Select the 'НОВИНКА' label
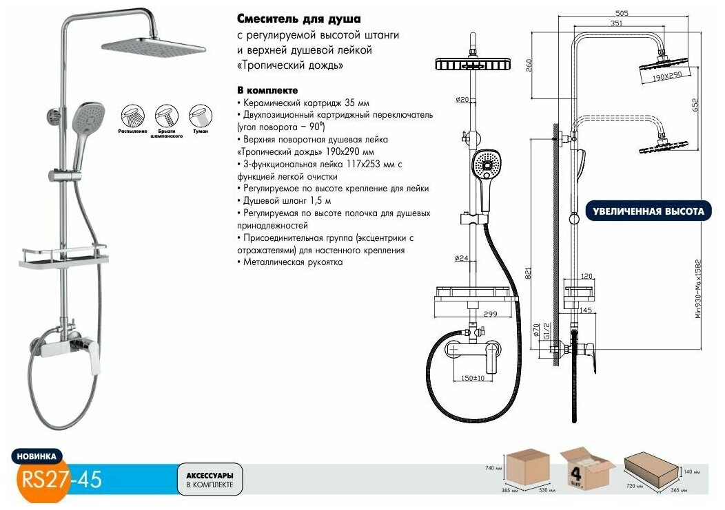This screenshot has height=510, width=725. (37, 456)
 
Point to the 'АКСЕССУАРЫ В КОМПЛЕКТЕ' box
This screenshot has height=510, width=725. (210, 480)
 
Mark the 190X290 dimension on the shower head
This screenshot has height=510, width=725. (666, 78)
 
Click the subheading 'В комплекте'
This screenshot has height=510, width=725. (267, 90)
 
